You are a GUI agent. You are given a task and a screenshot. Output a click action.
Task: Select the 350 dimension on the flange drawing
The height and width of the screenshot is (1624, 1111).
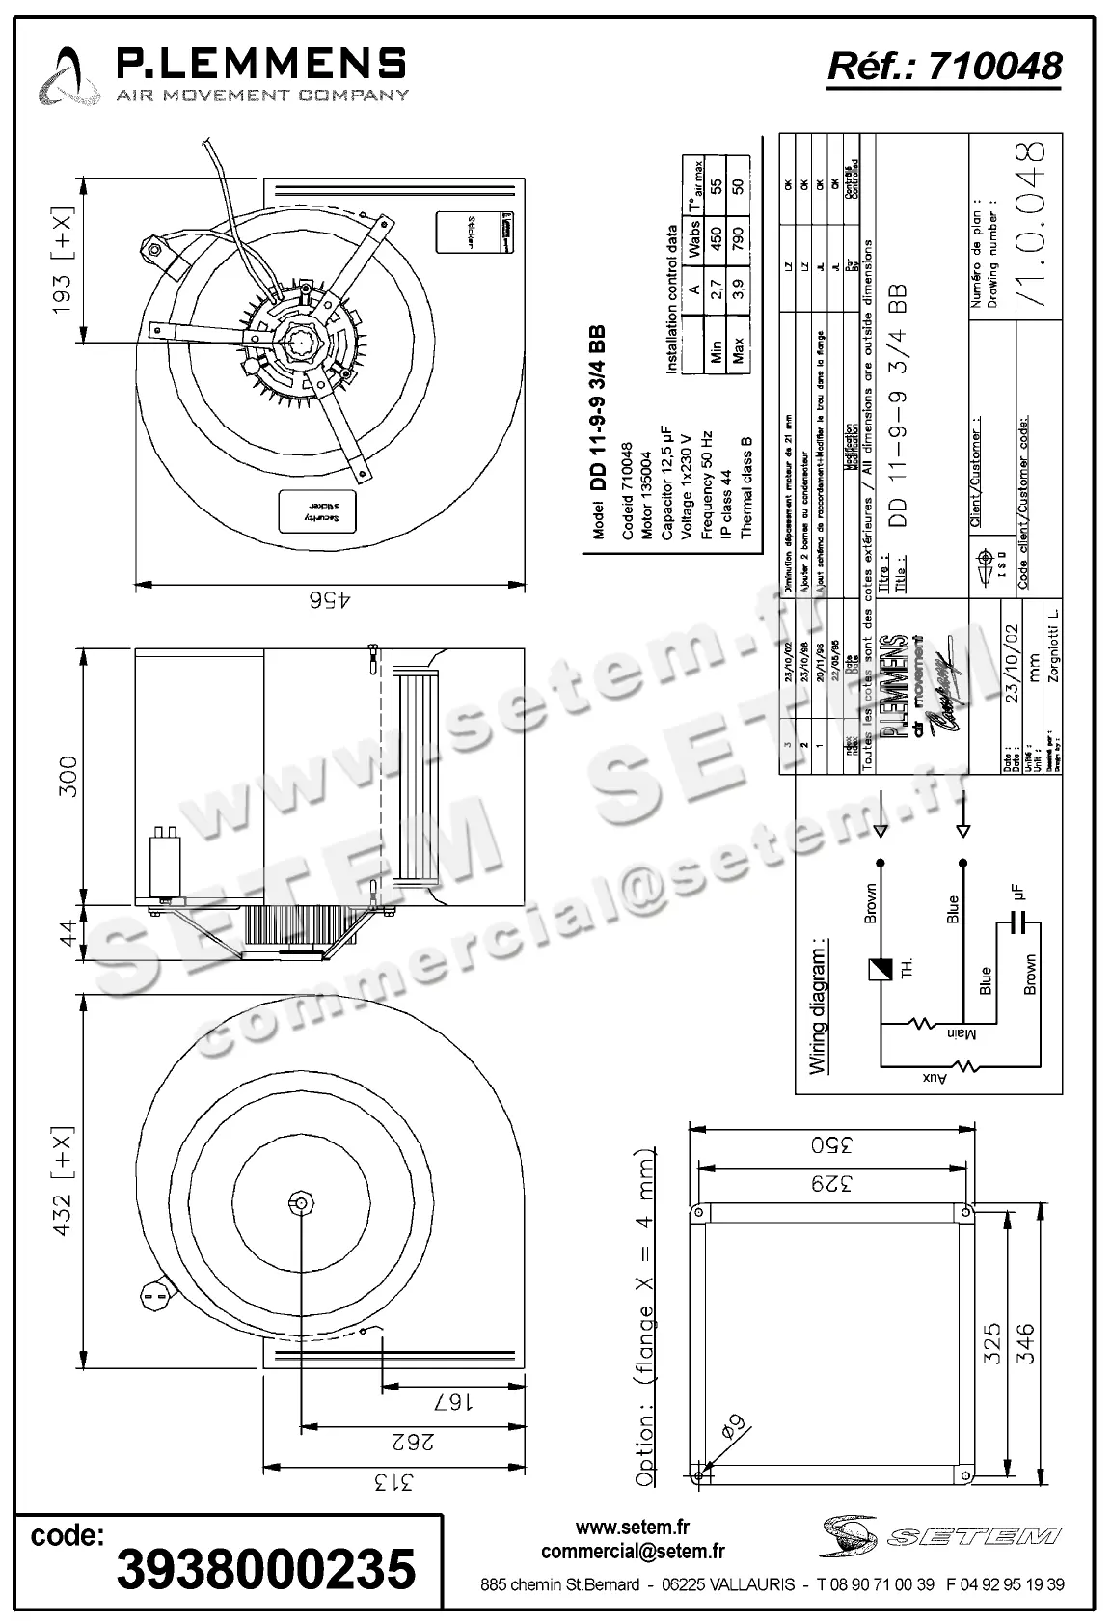(831, 1146)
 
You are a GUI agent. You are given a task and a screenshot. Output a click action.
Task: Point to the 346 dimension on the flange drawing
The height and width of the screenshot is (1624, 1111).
(1024, 1342)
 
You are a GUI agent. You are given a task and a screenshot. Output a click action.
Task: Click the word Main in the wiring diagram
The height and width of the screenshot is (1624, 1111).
(961, 1034)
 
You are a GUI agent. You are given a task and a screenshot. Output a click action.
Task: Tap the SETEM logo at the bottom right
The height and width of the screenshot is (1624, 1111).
(940, 1535)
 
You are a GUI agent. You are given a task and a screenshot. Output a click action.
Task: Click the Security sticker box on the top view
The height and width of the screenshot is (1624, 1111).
(318, 511)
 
